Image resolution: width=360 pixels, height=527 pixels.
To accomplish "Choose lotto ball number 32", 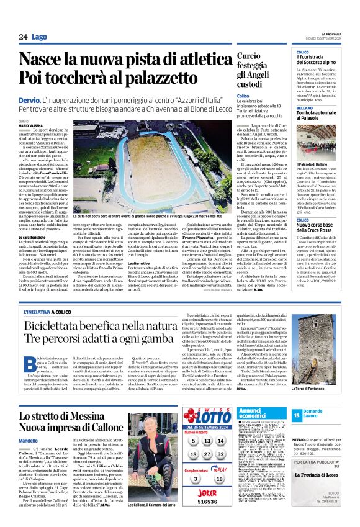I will pos(223,454).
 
